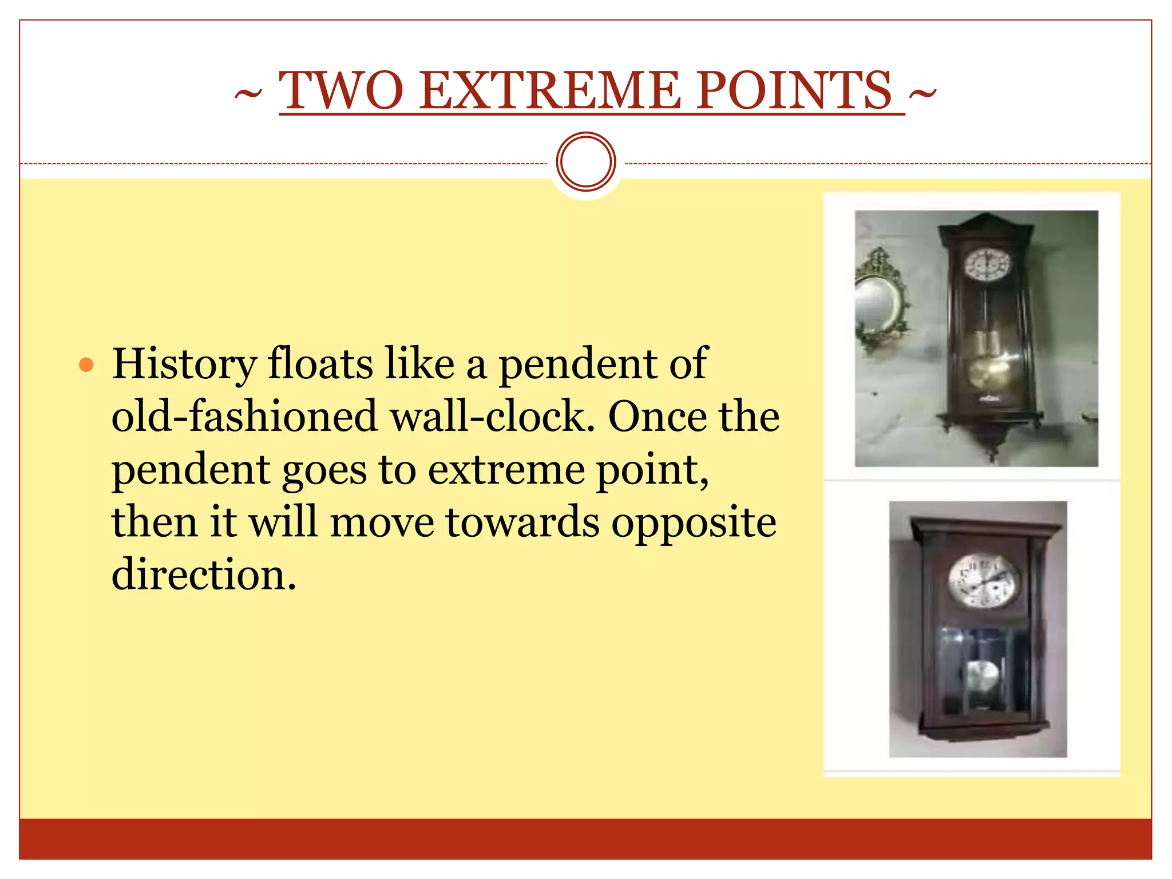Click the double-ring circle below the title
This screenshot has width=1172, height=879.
point(585,161)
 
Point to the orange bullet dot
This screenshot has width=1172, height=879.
point(86,365)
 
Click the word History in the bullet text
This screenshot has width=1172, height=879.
point(184,365)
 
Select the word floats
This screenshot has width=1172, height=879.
point(320,364)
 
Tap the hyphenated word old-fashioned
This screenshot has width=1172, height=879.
point(244,416)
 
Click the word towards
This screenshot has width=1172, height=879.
point(522,522)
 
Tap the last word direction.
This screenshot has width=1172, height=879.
point(204,575)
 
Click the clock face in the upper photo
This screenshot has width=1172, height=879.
point(987,266)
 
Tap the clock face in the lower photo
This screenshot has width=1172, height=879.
point(983,580)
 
